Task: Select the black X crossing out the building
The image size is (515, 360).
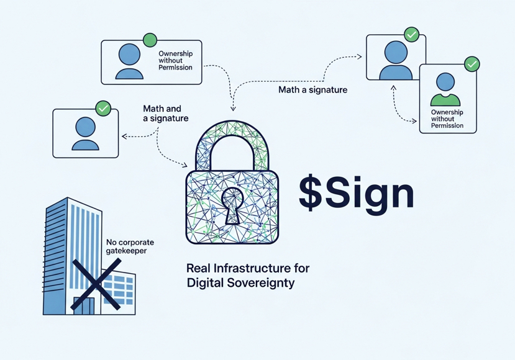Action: [x=96, y=284]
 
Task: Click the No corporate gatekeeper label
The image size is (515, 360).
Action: [x=130, y=246]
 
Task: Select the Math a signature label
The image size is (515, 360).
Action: [x=312, y=90]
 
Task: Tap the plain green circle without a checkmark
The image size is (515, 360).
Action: [x=150, y=40]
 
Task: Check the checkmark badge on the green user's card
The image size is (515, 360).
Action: [x=472, y=64]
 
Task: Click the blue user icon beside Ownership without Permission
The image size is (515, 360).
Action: [x=129, y=61]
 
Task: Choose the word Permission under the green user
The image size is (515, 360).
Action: [x=447, y=125]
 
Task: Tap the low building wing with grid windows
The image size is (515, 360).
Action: [x=118, y=292]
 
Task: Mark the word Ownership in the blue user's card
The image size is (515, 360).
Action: [x=176, y=54]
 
